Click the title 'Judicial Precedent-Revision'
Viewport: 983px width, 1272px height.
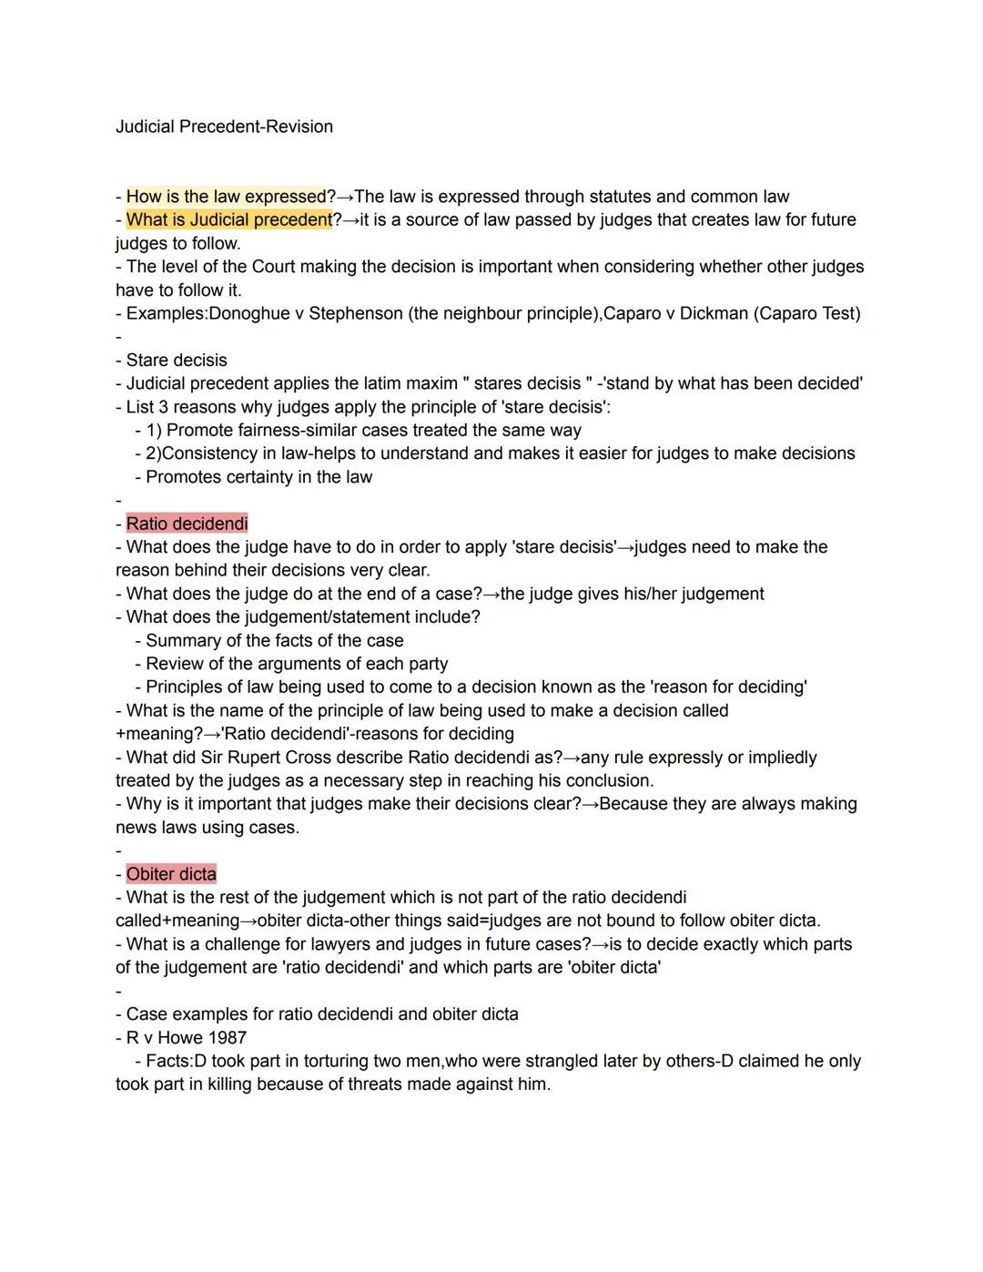[224, 127]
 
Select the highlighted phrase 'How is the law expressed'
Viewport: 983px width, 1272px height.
[226, 197]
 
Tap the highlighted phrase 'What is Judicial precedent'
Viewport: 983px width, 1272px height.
[229, 220]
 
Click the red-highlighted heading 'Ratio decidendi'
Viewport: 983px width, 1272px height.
[187, 524]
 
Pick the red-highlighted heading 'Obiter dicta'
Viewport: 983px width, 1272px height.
[171, 874]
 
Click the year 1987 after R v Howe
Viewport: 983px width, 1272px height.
[227, 1038]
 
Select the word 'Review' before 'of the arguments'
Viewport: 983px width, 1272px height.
[175, 665]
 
